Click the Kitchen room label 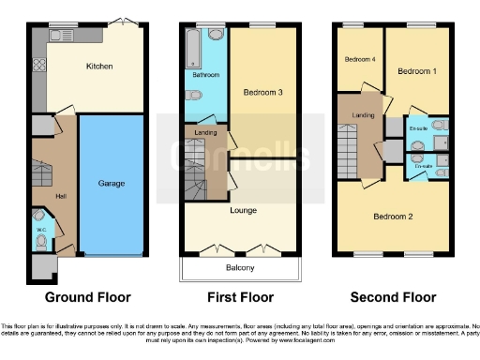click(x=99, y=67)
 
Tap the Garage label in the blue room click(x=112, y=183)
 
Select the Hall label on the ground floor click(x=60, y=195)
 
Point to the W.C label click(x=41, y=227)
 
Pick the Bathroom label click(x=206, y=74)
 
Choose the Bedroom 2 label click(x=394, y=216)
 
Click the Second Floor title click(x=393, y=297)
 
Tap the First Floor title click(x=241, y=297)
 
